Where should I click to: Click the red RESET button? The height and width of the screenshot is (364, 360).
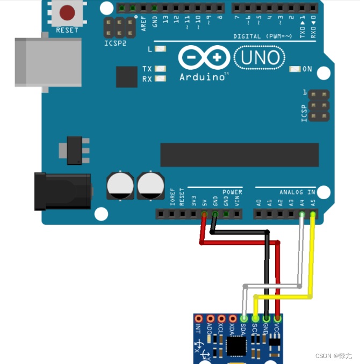(67, 12)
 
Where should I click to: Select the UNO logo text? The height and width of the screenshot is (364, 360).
(260, 57)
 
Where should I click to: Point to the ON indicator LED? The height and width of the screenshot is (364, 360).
(295, 69)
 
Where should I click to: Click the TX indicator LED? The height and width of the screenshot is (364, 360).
(160, 69)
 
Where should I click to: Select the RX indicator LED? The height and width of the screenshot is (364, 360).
(160, 79)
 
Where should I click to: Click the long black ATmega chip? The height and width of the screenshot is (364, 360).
(239, 155)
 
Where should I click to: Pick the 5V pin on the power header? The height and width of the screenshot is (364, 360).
(204, 214)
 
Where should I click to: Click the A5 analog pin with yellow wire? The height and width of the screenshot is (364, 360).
(313, 214)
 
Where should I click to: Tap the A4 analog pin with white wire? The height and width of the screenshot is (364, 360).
(302, 214)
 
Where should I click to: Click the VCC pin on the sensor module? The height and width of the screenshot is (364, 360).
(277, 318)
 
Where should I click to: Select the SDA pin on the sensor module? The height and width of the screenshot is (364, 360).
(244, 318)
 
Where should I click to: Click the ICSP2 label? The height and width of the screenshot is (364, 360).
(116, 42)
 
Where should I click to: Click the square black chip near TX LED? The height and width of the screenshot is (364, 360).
(127, 77)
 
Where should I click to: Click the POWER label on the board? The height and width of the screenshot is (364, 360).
(232, 192)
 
